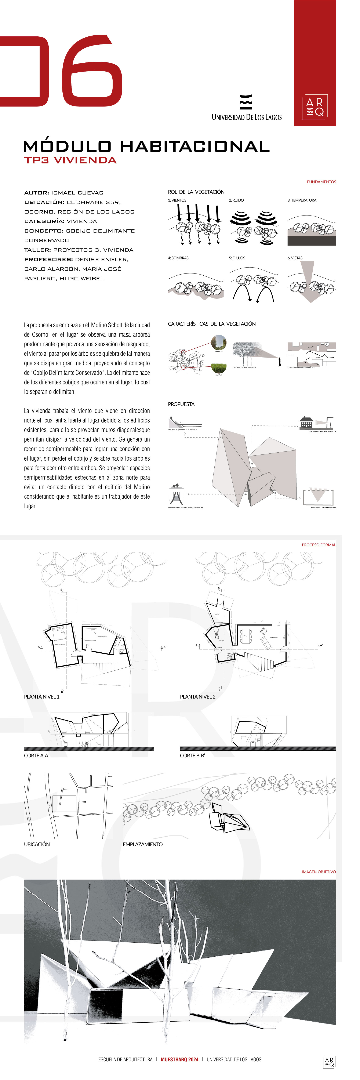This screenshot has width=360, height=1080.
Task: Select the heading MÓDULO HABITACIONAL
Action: [x=147, y=146]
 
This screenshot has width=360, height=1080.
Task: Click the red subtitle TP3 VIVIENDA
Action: [x=70, y=160]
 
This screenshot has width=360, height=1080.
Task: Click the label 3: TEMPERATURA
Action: [x=302, y=200]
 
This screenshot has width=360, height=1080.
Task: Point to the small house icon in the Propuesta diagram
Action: [x=306, y=423]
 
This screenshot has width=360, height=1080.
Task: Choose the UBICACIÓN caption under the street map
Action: [x=37, y=853]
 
